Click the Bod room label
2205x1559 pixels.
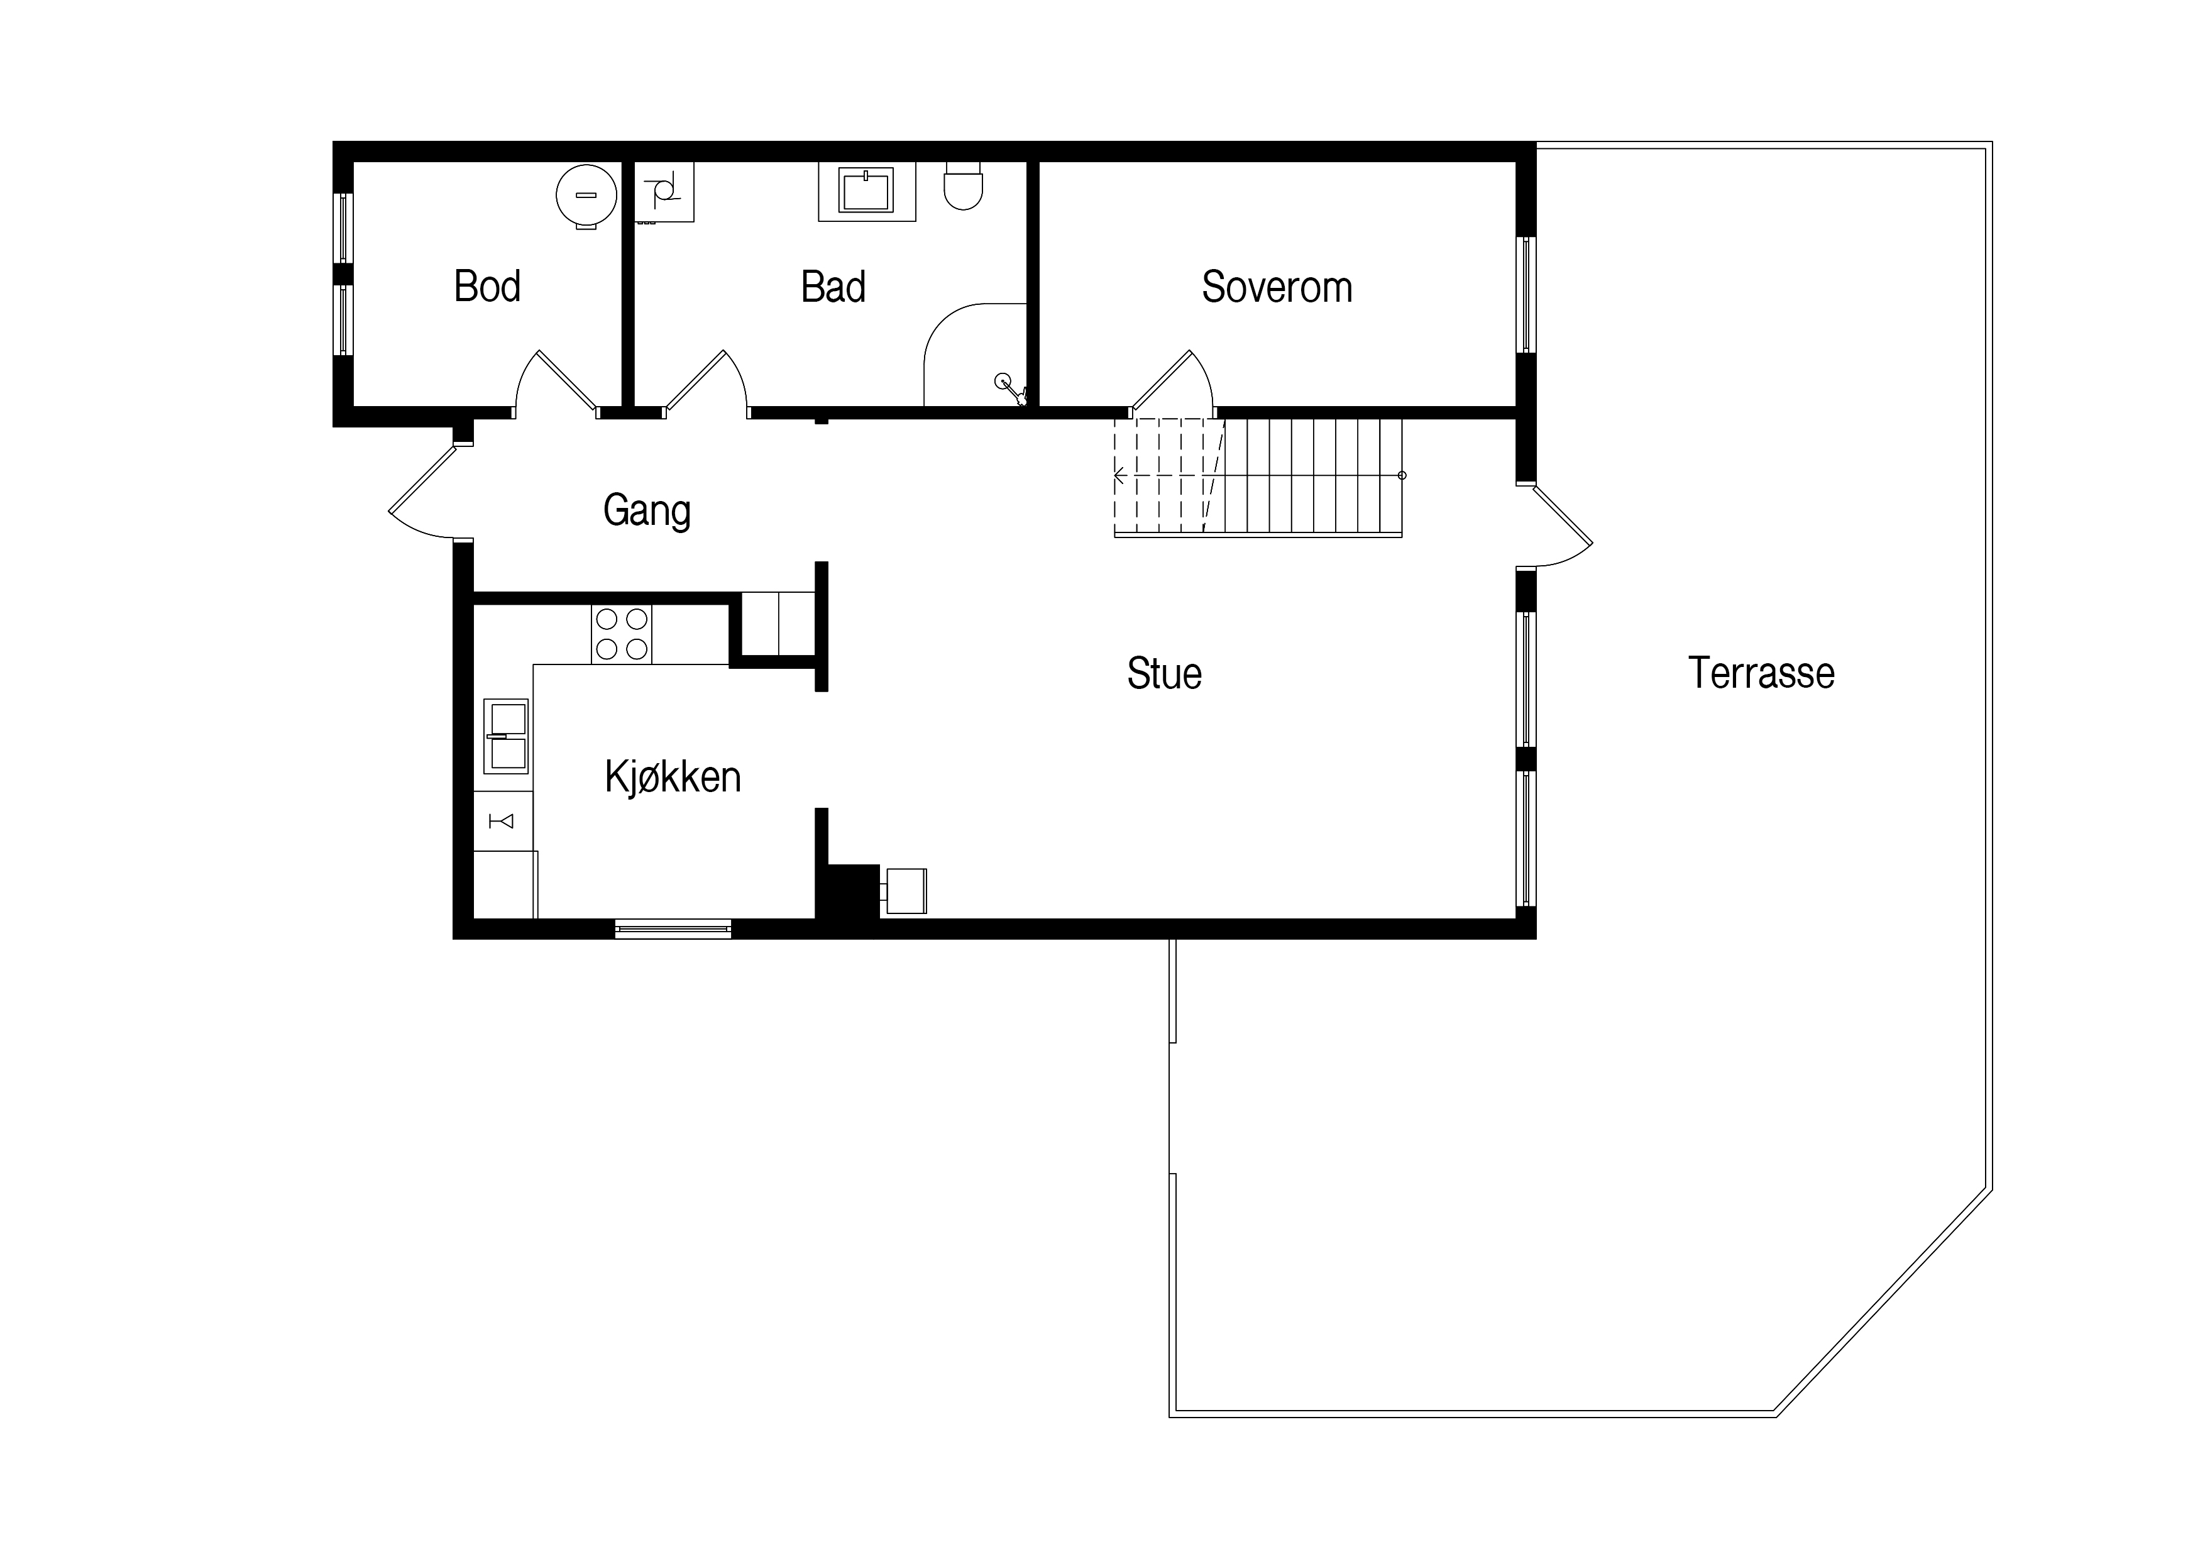[x=487, y=286]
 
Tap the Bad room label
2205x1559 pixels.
[x=833, y=286]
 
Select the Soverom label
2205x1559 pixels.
[x=1277, y=286]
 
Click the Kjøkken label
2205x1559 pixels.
[x=673, y=776]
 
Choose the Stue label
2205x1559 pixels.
[x=1164, y=673]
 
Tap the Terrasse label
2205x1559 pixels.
[x=1761, y=673]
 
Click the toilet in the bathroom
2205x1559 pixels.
[x=964, y=185]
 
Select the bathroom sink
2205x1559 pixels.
[x=866, y=191]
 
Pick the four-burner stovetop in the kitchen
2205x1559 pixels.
[x=622, y=634]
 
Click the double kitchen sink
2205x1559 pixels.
[x=505, y=737]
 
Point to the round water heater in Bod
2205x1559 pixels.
[x=586, y=196]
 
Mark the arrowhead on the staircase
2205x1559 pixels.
[x=1120, y=475]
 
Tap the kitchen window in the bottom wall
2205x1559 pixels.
[x=673, y=929]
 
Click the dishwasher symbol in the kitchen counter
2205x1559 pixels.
[x=503, y=821]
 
